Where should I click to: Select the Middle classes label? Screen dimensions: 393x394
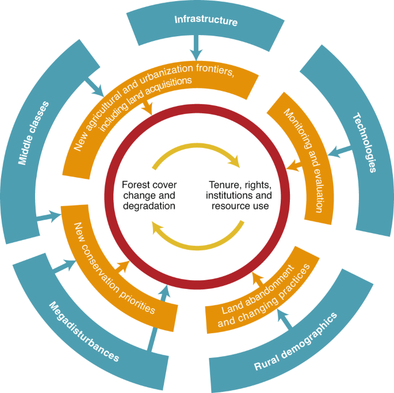pyautogui.click(x=33, y=132)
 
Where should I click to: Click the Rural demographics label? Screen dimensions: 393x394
pyautogui.click(x=296, y=342)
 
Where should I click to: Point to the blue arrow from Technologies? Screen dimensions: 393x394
pyautogui.click(x=342, y=151)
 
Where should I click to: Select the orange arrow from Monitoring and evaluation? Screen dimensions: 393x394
pyautogui.click(x=294, y=167)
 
